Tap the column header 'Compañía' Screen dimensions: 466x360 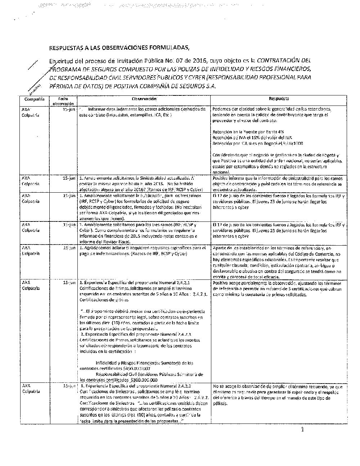pyautogui.click(x=35, y=99)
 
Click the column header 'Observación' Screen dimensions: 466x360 pyautogui.click(x=144, y=99)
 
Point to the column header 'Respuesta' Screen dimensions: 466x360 pyautogui.click(x=279, y=99)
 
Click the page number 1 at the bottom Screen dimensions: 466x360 pyautogui.click(x=303, y=430)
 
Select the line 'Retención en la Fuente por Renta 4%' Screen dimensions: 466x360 pyautogui.click(x=248, y=132)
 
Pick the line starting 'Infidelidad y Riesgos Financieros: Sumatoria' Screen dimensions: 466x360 pyautogui.click(x=144, y=363)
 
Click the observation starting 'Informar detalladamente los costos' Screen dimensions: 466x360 pyautogui.click(x=143, y=112)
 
